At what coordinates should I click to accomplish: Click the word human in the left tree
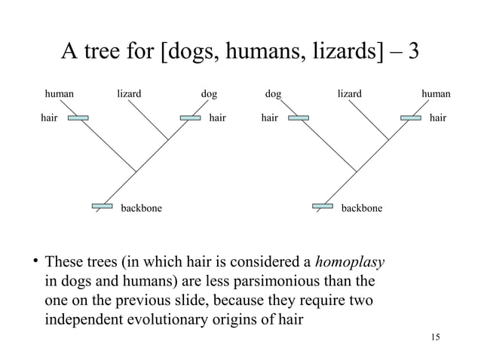click(x=60, y=94)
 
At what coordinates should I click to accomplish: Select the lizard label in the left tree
click(x=129, y=94)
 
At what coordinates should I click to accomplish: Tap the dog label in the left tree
click(x=209, y=94)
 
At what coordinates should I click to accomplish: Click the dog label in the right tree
click(x=273, y=94)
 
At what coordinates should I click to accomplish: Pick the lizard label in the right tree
click(x=349, y=94)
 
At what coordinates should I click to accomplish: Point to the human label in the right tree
click(x=436, y=94)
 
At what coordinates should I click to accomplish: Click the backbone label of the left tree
click(x=141, y=207)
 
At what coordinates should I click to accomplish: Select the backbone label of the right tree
click(x=361, y=207)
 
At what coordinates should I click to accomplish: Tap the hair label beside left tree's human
click(x=49, y=117)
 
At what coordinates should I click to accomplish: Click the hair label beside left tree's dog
click(x=217, y=117)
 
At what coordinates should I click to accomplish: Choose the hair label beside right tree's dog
click(x=269, y=117)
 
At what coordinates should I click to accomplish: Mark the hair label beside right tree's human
click(x=437, y=117)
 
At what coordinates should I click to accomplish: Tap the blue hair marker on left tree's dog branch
click(x=189, y=117)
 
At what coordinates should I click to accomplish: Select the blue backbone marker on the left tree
click(x=102, y=205)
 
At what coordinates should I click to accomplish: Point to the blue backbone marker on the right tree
click(x=323, y=205)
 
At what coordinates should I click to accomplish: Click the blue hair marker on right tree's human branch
click(x=411, y=117)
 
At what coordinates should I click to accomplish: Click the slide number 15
click(x=432, y=336)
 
